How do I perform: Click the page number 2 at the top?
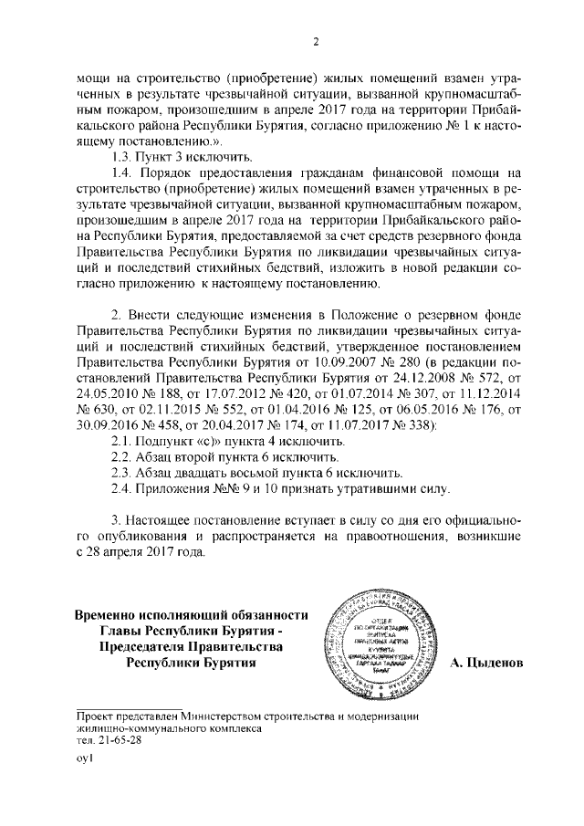tap(315, 40)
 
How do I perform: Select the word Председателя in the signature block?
tap(159, 646)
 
